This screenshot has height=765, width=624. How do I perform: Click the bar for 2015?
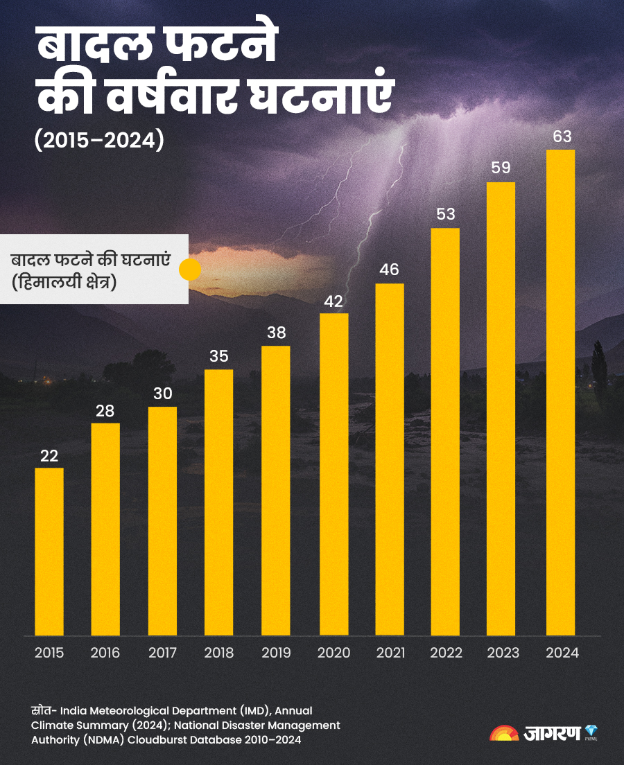(x=49, y=552)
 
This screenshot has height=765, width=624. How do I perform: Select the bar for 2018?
(x=219, y=502)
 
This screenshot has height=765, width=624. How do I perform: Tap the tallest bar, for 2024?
(x=560, y=392)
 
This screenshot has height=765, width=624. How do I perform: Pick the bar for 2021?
(x=390, y=459)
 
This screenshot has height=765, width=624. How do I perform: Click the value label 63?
(x=562, y=137)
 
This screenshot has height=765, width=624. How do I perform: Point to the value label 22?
(x=49, y=456)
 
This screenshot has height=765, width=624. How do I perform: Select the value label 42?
(x=333, y=301)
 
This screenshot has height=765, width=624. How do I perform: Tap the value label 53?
(x=446, y=214)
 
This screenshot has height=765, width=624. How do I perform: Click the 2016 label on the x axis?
(x=105, y=653)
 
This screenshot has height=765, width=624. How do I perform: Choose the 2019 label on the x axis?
(x=276, y=653)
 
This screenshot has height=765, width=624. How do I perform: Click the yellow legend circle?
(x=190, y=270)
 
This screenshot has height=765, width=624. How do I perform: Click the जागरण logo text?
(x=551, y=734)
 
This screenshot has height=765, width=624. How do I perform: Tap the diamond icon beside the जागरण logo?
(x=591, y=731)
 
